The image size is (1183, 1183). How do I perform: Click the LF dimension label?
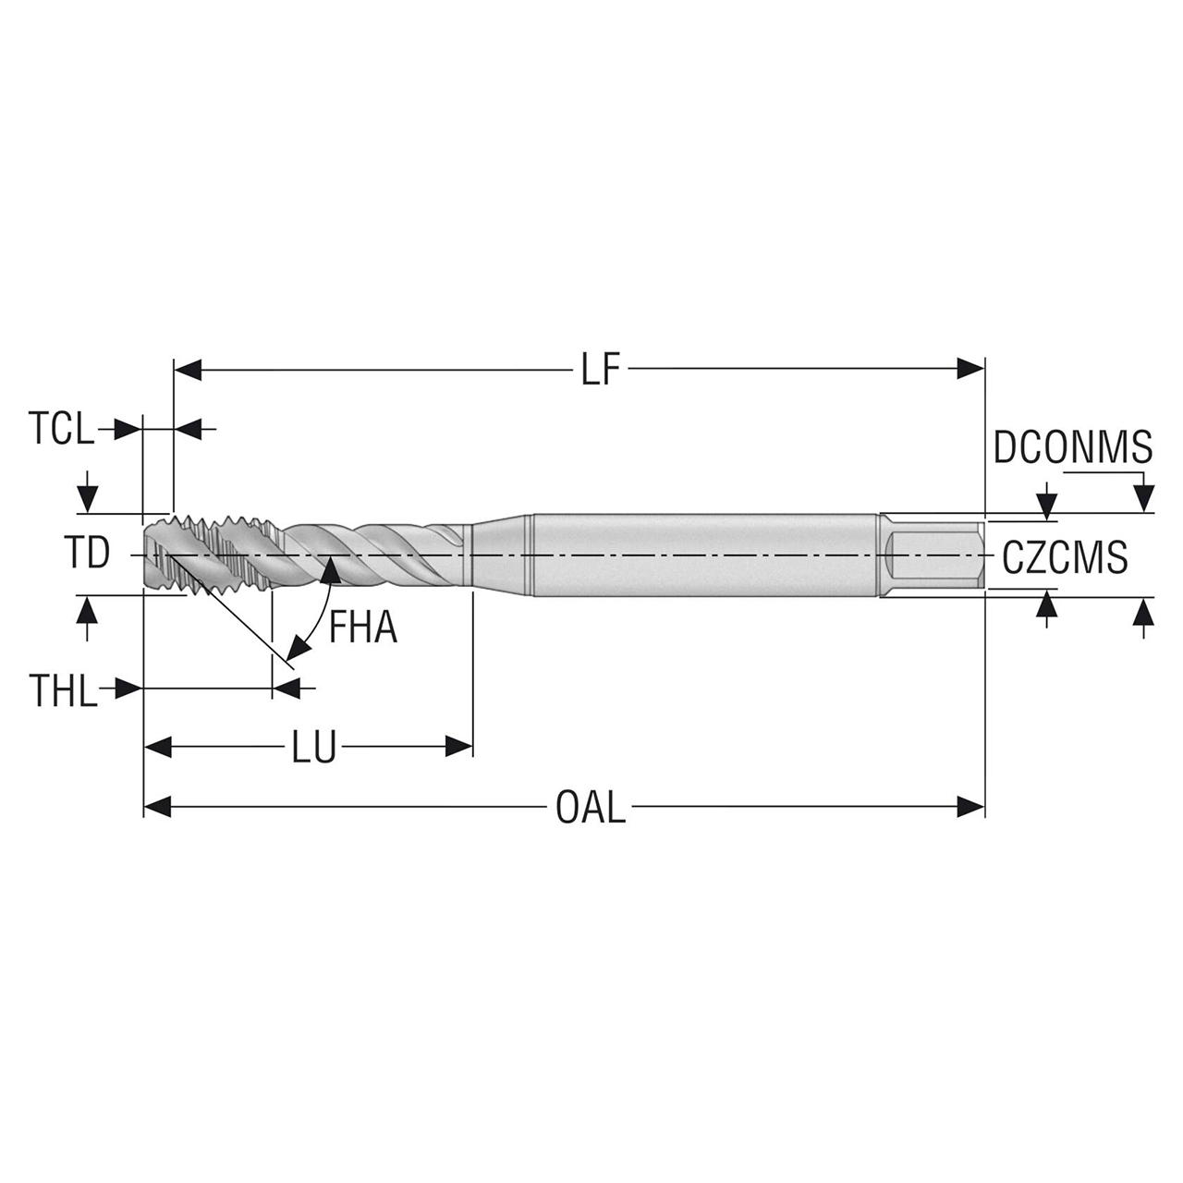600,372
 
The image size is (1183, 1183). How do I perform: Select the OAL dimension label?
591,809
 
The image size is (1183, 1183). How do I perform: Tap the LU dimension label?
313,748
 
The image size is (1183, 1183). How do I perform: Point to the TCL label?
61,431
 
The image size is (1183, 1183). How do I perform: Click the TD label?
87,555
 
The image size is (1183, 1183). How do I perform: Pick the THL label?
63,690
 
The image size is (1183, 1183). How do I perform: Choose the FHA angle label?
363,629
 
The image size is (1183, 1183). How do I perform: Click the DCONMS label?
1073,448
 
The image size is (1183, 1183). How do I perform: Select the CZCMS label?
1065,557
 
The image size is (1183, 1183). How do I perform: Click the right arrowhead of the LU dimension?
459,747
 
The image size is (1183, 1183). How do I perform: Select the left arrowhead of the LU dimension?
158,747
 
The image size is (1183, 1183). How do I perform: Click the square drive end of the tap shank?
933,555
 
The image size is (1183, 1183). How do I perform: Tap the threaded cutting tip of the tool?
185,555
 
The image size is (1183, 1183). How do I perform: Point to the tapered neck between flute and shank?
499,555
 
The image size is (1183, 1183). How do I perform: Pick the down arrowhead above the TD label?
87,500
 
